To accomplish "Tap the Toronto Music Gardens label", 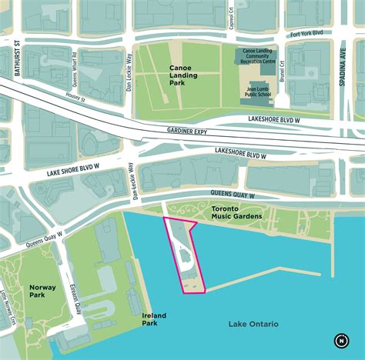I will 236,212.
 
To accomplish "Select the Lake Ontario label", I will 253,324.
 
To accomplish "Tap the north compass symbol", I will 340,340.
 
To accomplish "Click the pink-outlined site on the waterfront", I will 183,254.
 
